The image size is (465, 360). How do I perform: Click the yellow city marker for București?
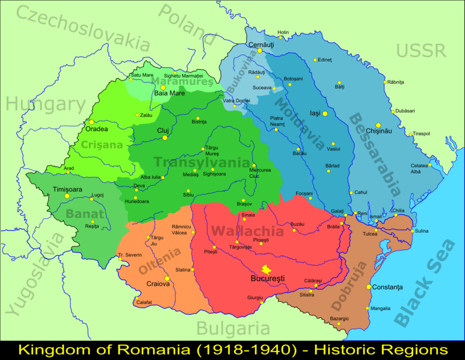264,270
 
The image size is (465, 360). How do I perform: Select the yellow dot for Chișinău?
378,126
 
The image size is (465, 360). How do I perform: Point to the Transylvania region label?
201,162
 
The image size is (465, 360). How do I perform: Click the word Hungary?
46,105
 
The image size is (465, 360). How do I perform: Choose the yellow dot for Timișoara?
68,196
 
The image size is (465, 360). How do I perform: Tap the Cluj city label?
164,130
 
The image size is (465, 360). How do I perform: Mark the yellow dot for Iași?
325,114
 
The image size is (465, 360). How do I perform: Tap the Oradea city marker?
91,122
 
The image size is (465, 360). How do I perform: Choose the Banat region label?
84,213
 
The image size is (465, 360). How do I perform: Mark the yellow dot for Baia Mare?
162,87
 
